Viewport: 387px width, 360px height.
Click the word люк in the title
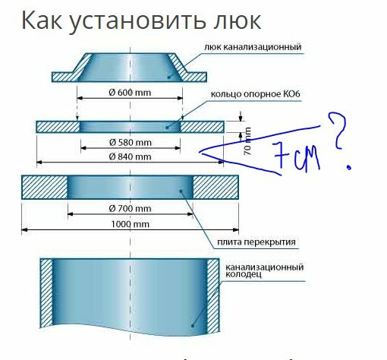point(237,21)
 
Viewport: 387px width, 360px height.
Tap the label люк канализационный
point(253,47)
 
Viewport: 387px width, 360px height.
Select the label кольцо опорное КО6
point(256,94)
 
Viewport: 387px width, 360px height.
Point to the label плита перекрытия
point(256,242)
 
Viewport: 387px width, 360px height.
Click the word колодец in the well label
point(244,274)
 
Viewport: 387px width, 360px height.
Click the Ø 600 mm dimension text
point(130,93)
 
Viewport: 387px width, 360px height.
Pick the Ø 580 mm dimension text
point(131,143)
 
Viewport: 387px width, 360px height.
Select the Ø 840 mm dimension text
point(131,156)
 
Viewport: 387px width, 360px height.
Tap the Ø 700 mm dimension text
point(131,209)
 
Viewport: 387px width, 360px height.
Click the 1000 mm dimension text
point(131,224)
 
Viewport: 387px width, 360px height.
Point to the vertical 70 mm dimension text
point(247,141)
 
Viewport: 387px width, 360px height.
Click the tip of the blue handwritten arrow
point(200,152)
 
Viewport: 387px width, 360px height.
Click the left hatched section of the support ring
point(58,127)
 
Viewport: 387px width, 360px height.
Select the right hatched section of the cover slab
point(216,187)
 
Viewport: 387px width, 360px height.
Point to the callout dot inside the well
point(192,326)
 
